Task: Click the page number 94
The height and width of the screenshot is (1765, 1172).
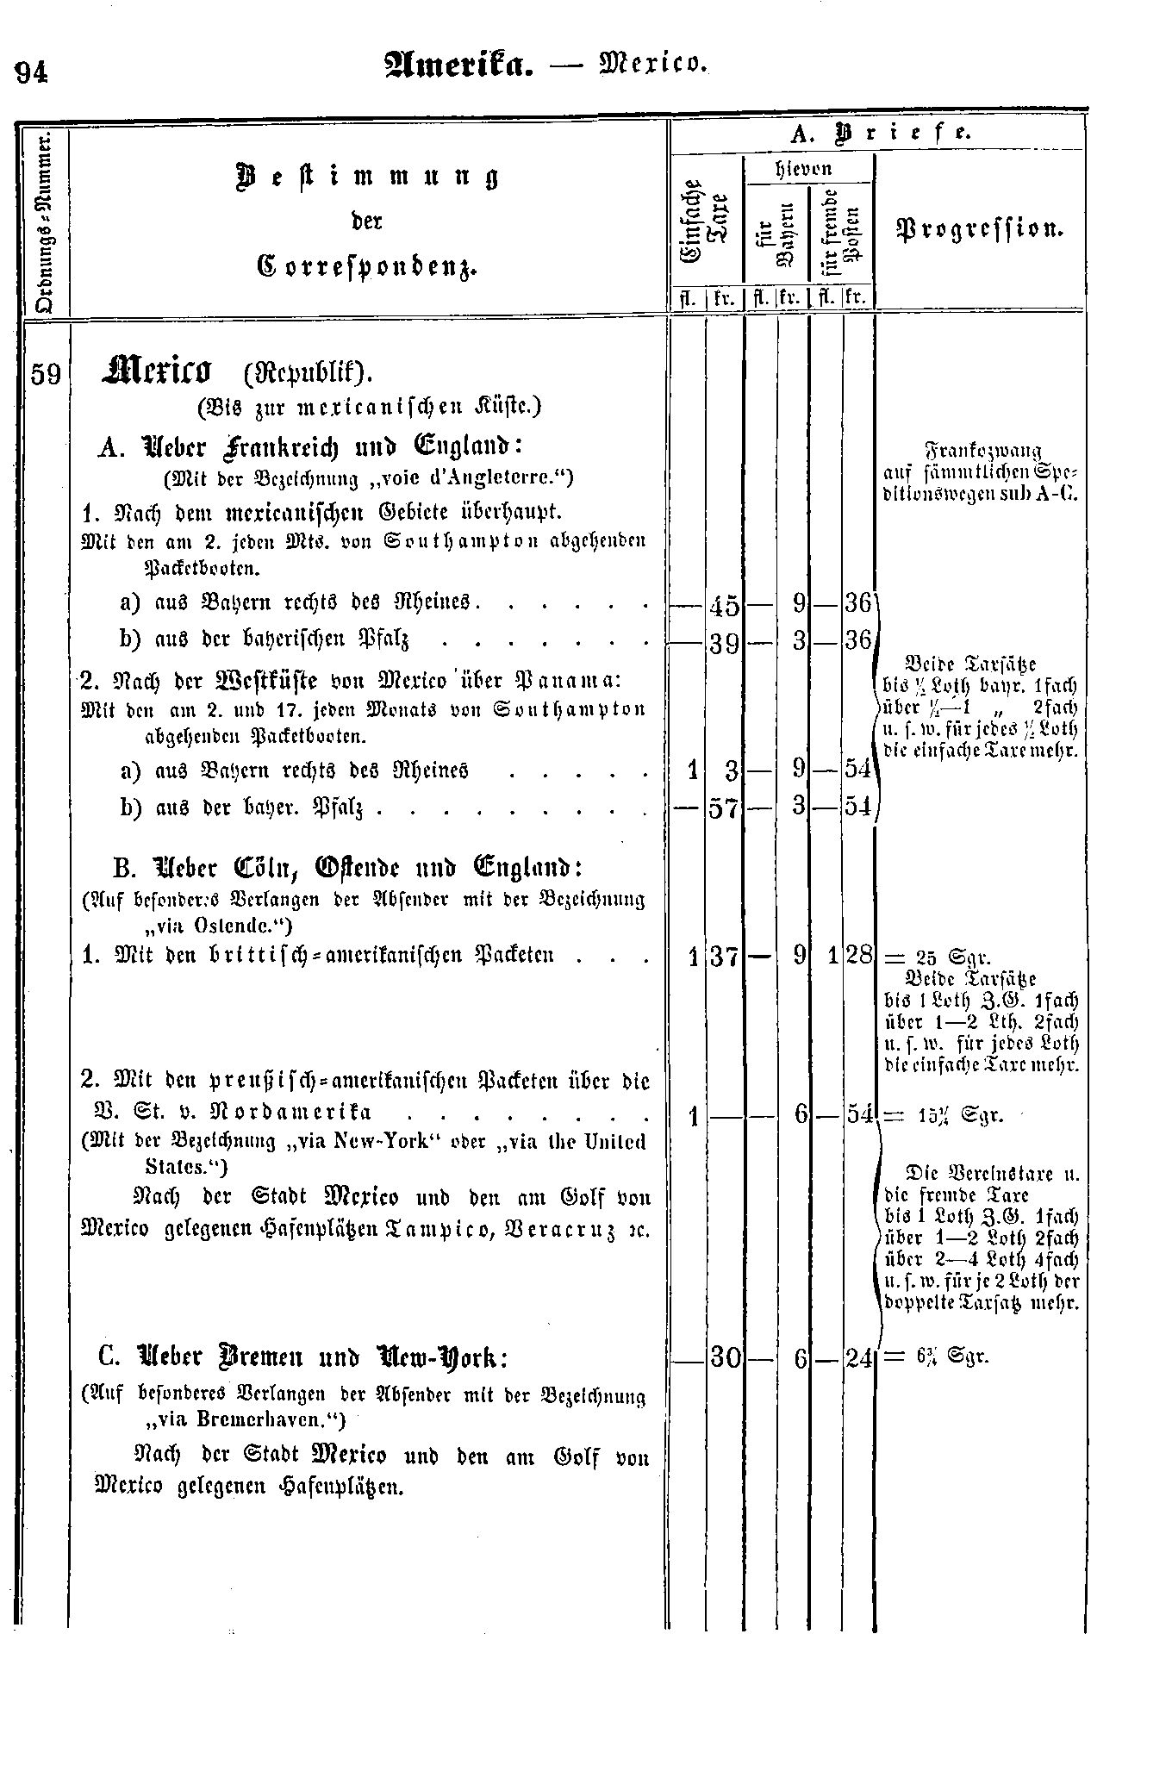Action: point(32,72)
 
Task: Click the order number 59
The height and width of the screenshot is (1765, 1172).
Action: point(46,375)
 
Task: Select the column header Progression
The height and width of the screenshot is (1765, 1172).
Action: point(980,230)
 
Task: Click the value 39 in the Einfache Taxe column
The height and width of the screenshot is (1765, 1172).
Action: point(724,643)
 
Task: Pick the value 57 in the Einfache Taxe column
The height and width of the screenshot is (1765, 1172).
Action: point(724,809)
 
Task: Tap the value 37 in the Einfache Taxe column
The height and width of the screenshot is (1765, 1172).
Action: point(724,956)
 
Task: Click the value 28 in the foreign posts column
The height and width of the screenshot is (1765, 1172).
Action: point(858,956)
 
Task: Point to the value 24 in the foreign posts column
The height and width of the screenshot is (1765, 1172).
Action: point(858,1358)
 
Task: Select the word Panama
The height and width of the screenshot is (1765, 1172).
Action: point(562,680)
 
